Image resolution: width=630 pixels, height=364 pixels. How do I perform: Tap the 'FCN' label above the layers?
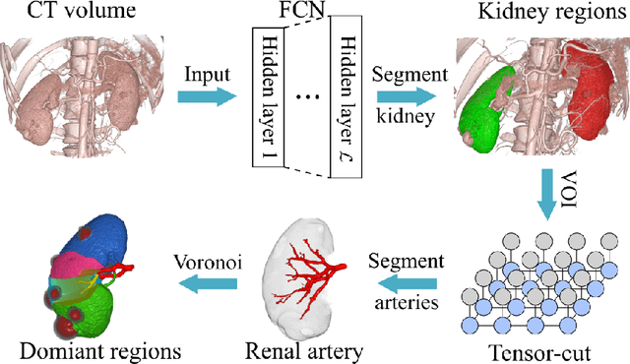click(x=292, y=13)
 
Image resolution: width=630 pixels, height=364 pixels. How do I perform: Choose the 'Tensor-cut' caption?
click(x=534, y=349)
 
